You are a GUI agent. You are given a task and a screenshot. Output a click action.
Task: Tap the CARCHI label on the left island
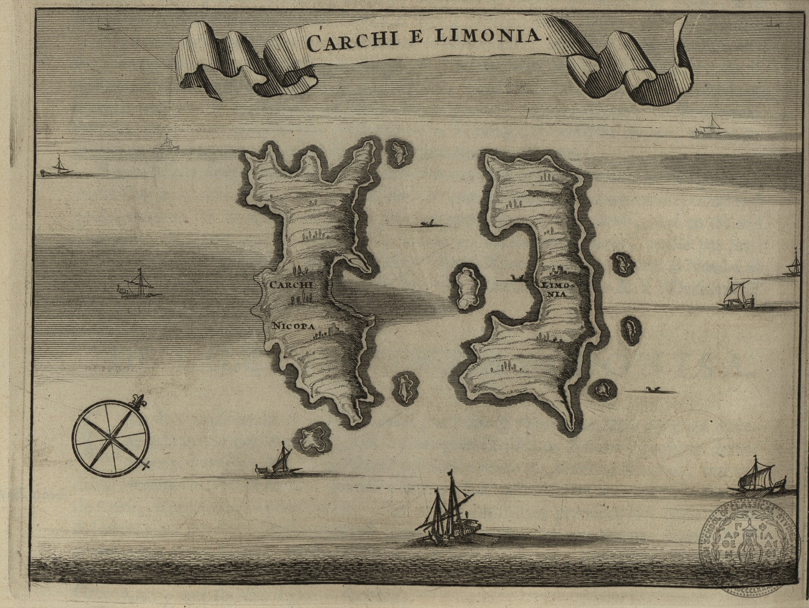point(291,285)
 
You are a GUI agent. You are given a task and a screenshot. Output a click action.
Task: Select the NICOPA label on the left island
point(293,326)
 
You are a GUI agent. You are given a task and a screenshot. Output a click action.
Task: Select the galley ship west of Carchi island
point(137,285)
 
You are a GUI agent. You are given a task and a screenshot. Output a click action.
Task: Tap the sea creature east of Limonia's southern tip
point(654,391)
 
